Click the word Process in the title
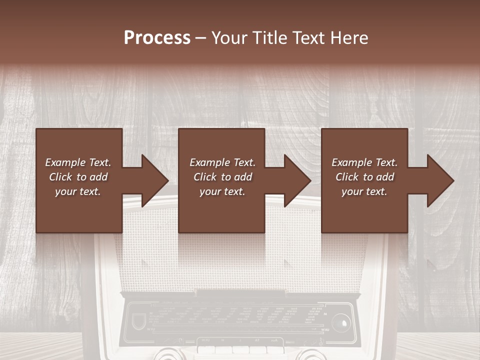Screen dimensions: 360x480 [x=157, y=38]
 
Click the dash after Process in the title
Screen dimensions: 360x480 [x=201, y=38]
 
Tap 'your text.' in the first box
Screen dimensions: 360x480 [x=78, y=191]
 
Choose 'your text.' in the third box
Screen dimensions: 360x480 [x=364, y=191]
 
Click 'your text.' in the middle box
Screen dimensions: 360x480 [x=222, y=191]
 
